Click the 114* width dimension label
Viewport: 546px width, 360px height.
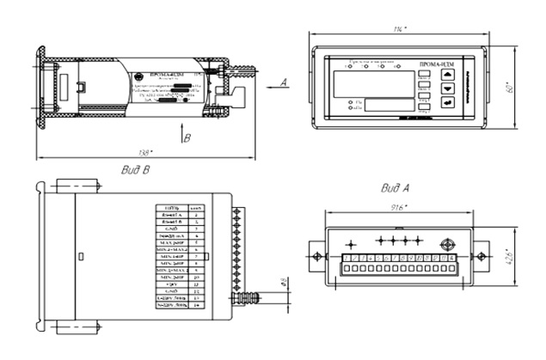click(400, 30)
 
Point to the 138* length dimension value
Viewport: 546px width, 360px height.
click(143, 153)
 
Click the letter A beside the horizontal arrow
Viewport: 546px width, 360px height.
click(281, 82)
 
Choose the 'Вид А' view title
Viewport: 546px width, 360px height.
click(395, 186)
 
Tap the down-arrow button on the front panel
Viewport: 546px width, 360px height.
click(446, 88)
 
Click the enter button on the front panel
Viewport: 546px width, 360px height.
click(446, 103)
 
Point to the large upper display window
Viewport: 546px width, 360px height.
click(373, 82)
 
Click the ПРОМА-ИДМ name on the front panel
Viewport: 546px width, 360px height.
click(437, 64)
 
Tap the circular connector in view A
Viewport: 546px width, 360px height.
click(446, 245)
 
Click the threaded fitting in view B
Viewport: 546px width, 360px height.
click(248, 297)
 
